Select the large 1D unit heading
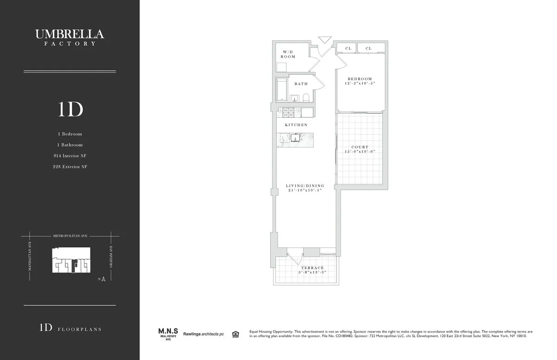coord(70,109)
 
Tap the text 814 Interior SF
coord(70,155)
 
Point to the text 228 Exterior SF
coord(70,167)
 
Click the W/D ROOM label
coord(288,54)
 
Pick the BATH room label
coord(301,84)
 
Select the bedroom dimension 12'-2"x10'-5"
coord(360,84)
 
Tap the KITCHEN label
coord(296,125)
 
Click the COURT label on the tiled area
coord(360,147)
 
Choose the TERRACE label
coord(312,268)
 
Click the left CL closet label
coord(348,48)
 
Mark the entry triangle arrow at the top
coord(323,40)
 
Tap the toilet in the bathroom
coord(306,97)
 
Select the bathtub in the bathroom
coord(281,90)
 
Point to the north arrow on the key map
coord(104,279)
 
